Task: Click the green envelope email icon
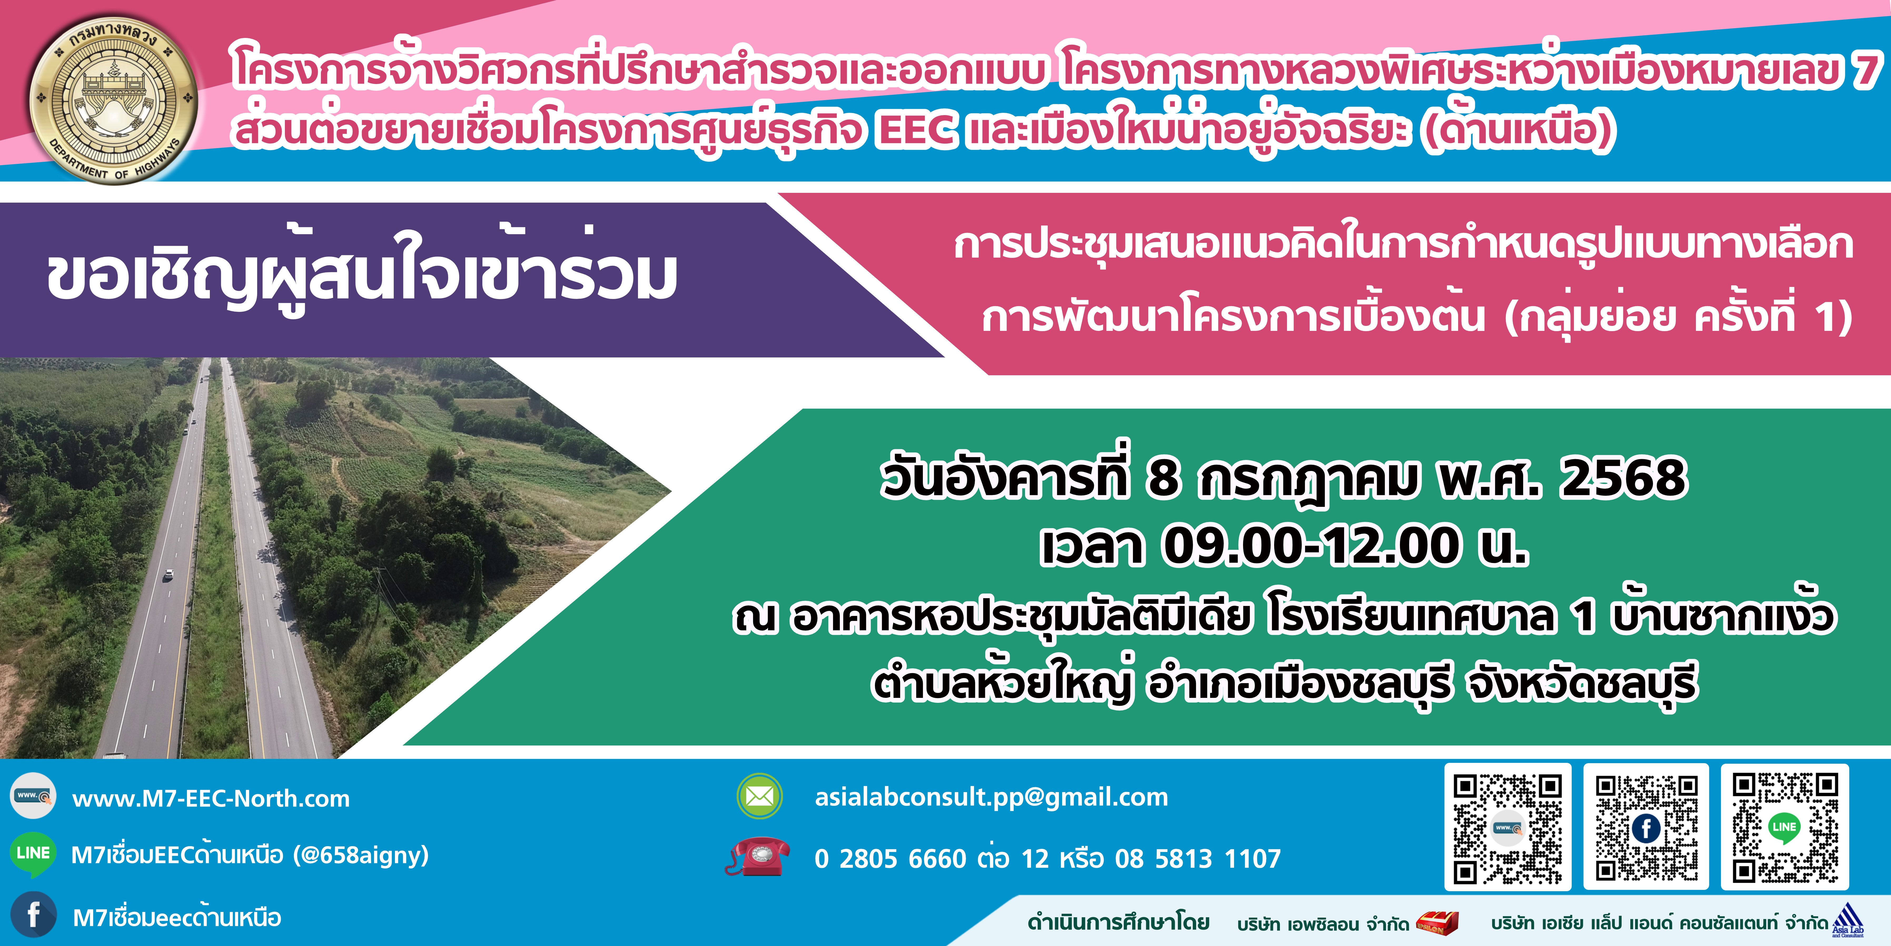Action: [760, 796]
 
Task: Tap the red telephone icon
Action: [758, 856]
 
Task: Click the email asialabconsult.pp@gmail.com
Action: [991, 797]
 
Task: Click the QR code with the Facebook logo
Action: [1647, 827]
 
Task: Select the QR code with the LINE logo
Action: [1785, 827]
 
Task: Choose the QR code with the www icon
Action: [1508, 827]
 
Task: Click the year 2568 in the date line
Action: [1623, 478]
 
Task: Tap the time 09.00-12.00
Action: [1310, 546]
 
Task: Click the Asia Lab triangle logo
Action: [1848, 920]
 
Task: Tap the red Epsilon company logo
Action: [1437, 922]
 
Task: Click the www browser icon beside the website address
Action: [33, 795]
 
